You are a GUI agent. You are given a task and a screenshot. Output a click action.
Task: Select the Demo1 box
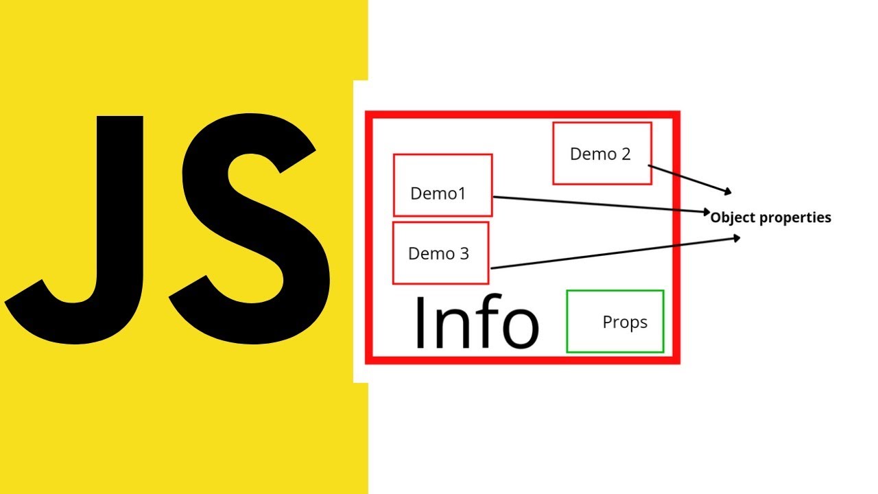tap(442, 185)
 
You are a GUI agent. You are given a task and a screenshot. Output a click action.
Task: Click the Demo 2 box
tap(602, 154)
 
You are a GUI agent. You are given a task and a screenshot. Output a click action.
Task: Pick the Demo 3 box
tap(440, 252)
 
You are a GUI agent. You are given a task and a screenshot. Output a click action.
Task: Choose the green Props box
tap(615, 321)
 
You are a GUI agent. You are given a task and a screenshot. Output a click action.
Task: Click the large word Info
tap(476, 322)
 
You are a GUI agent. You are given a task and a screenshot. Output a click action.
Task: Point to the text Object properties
tap(770, 217)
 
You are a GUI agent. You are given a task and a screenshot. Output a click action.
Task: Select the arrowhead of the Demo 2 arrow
tap(729, 191)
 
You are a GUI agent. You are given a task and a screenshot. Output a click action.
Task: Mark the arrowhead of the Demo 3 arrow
tap(737, 238)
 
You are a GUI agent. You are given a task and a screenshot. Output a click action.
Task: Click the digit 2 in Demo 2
tap(625, 154)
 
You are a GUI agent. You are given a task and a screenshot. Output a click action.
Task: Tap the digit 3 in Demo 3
tap(464, 254)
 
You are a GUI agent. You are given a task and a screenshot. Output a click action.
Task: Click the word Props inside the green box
tap(624, 322)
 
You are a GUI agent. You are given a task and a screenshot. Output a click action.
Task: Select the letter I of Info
tap(420, 322)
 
